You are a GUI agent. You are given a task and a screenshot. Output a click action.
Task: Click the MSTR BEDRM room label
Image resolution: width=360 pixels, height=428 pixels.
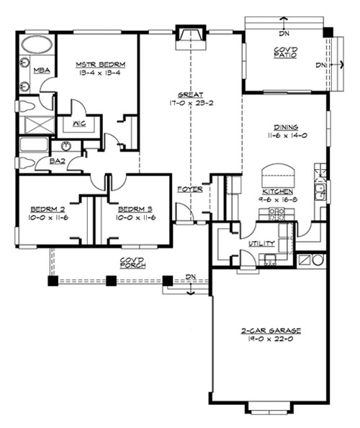point(97,64)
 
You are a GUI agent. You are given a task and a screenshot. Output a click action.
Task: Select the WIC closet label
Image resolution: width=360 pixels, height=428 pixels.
point(76,123)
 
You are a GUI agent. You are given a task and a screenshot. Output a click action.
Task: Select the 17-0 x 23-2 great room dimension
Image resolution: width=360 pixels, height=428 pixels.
point(191,103)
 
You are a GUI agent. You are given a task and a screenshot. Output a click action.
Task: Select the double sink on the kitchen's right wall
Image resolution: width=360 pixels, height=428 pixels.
point(320,191)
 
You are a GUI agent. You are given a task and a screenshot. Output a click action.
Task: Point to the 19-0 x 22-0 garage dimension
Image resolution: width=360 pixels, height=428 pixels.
point(271,340)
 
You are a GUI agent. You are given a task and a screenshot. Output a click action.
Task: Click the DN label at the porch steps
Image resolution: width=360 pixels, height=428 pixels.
point(189,276)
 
